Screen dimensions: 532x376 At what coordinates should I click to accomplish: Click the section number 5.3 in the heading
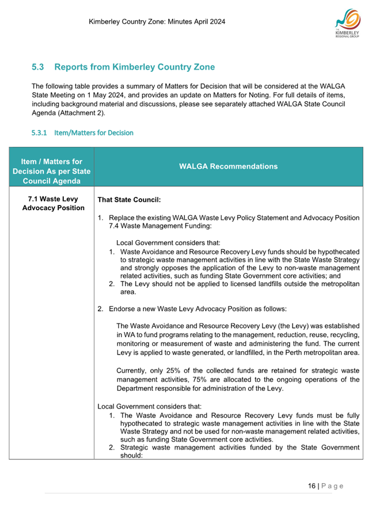click(x=38, y=67)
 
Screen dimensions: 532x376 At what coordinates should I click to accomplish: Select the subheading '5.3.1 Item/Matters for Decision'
click(x=82, y=132)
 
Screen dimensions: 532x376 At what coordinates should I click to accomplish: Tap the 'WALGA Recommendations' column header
click(x=228, y=166)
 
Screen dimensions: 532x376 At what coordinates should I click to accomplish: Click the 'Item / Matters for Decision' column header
click(x=51, y=166)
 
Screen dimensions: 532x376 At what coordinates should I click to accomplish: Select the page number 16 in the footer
click(x=312, y=486)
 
